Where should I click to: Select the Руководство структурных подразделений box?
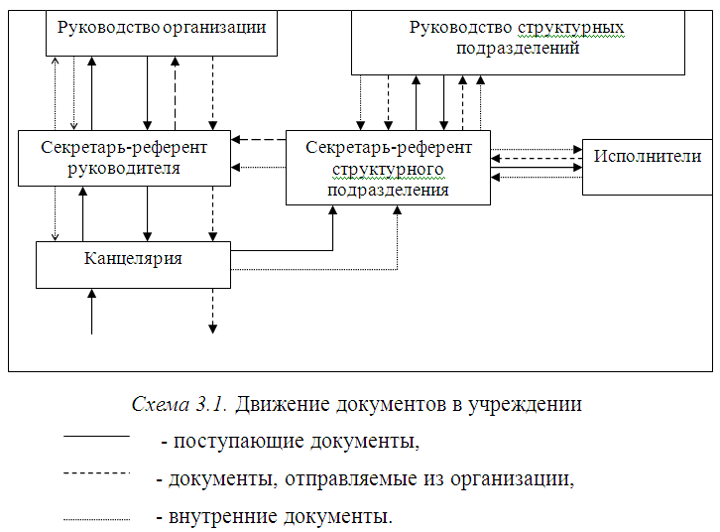518,45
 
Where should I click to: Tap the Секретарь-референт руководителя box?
124,157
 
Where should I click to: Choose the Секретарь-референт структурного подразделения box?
388,167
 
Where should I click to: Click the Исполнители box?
648,167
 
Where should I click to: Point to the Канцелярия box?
133,264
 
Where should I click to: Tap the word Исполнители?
648,156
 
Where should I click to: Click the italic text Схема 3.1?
180,405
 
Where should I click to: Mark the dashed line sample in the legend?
96,474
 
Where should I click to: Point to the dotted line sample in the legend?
96,517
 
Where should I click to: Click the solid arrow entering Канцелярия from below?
91,311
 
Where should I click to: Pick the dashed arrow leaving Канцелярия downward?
212,310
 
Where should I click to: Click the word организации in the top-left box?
217,27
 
